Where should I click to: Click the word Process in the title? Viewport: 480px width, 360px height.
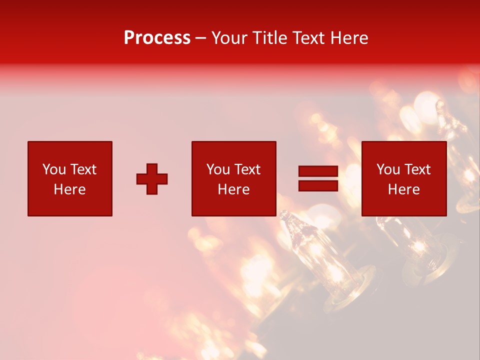[x=157, y=38]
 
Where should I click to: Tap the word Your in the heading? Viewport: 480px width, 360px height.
[x=230, y=38]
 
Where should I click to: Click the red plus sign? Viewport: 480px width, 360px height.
[x=152, y=179]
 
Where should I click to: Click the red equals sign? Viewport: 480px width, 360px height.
[x=318, y=178]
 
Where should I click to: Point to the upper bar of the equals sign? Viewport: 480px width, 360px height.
[x=318, y=171]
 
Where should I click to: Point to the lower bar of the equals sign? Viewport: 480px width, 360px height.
[x=318, y=185]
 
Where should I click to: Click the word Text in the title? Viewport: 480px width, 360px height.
[x=308, y=38]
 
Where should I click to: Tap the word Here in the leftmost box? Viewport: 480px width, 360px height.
[x=70, y=189]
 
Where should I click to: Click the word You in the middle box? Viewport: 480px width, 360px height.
[x=218, y=169]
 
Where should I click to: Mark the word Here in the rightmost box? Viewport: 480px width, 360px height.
[x=404, y=189]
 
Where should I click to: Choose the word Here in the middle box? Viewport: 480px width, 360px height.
[x=233, y=189]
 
